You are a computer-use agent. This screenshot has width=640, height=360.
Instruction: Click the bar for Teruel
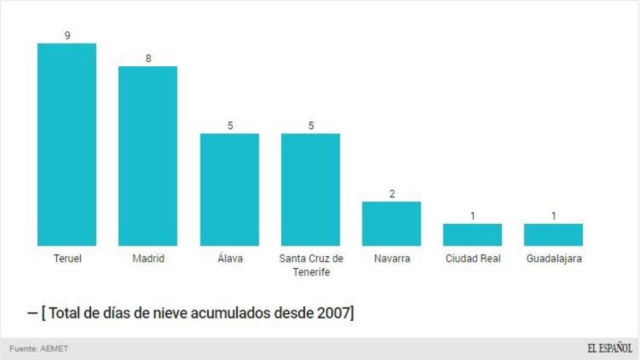click(x=67, y=144)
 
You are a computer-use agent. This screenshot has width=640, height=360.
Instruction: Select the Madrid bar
click(x=147, y=156)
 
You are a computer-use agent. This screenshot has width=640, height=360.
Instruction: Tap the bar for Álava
click(x=229, y=189)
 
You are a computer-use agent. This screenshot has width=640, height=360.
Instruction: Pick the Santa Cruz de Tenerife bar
click(x=311, y=189)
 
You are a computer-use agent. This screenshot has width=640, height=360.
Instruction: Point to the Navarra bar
click(x=391, y=223)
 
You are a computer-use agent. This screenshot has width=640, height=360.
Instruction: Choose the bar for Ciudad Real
click(x=472, y=234)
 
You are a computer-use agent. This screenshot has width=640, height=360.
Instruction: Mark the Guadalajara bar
click(x=553, y=234)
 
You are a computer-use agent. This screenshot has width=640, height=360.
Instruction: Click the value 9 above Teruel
click(x=67, y=36)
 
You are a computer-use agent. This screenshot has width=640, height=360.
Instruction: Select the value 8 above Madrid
click(x=148, y=59)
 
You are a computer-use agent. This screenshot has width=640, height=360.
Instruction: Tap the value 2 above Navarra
click(x=392, y=194)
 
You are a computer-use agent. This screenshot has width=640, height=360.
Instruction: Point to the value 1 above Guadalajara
click(x=554, y=216)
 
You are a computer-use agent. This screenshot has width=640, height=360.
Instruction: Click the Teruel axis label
click(x=67, y=258)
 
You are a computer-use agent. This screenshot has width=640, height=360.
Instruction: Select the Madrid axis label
click(x=148, y=258)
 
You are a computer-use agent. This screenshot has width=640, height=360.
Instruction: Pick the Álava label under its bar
click(x=229, y=258)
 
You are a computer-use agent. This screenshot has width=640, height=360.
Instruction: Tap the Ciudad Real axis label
click(x=472, y=258)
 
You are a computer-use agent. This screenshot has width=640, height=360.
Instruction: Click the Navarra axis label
click(x=392, y=258)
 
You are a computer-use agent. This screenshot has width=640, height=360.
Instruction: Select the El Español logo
click(x=609, y=348)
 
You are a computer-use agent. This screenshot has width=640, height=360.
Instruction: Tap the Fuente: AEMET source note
click(x=39, y=349)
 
